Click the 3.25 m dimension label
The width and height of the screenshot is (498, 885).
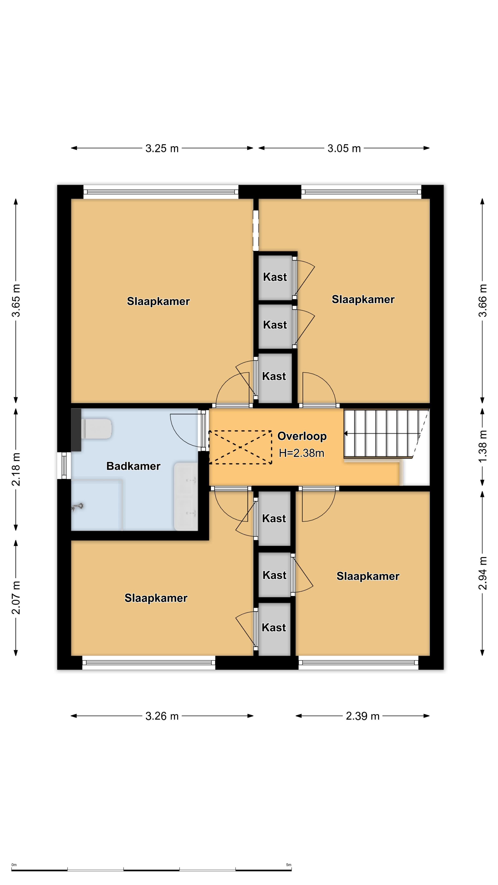(162, 148)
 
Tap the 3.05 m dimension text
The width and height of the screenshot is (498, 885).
(344, 148)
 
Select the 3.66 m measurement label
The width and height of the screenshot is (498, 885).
(483, 300)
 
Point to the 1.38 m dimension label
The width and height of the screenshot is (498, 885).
(483, 446)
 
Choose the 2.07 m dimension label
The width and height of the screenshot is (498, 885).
(16, 598)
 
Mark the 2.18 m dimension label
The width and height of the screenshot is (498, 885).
(16, 469)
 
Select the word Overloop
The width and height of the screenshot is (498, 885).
(302, 436)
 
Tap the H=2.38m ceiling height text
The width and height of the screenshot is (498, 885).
(301, 453)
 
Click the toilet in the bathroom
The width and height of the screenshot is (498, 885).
(96, 428)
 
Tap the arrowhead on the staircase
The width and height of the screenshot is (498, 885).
(346, 434)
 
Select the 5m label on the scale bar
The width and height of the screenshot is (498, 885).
(289, 865)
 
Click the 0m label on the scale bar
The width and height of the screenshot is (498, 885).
(14, 865)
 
